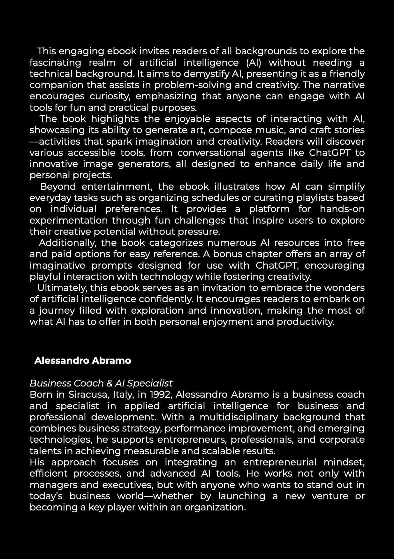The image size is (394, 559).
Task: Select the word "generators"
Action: pos(152,164)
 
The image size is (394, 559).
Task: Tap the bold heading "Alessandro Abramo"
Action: pos(83,361)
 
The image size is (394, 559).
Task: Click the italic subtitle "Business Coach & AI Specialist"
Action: pos(101,383)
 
